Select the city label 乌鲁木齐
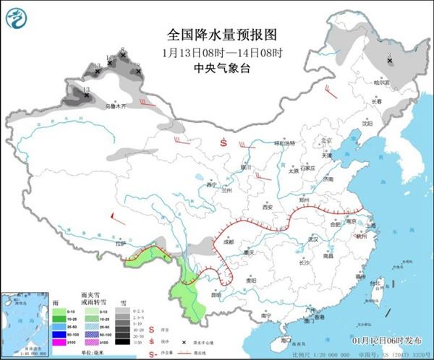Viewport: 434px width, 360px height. (115, 107)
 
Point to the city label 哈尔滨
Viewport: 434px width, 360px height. (381, 83)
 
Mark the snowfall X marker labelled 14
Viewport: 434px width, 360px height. (110, 63)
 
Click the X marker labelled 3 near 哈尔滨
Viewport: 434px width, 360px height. (390, 61)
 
